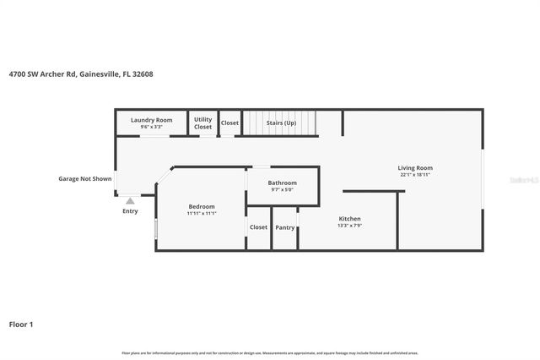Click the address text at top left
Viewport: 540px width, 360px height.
point(81,74)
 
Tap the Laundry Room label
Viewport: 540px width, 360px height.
point(151,120)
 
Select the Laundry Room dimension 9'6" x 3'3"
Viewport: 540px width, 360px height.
point(151,127)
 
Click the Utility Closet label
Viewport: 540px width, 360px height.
point(203,123)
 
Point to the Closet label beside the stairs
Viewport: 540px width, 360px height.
point(230,123)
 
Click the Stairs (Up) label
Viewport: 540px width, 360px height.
point(281,123)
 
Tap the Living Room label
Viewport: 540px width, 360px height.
point(415,168)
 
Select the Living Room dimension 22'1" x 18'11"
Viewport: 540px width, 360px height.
point(415,175)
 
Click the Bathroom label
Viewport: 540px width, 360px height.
point(283,183)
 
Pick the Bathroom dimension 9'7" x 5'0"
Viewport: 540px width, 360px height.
point(283,189)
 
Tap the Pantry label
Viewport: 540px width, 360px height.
point(285,227)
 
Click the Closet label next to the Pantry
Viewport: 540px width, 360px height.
point(258,227)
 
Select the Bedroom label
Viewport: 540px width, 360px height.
point(201,206)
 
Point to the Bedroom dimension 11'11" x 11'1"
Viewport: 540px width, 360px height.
point(201,213)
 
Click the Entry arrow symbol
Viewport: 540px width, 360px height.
point(129,201)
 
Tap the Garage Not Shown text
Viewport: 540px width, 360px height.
point(84,179)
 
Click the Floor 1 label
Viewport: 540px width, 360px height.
point(22,324)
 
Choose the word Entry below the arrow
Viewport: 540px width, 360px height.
point(129,211)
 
